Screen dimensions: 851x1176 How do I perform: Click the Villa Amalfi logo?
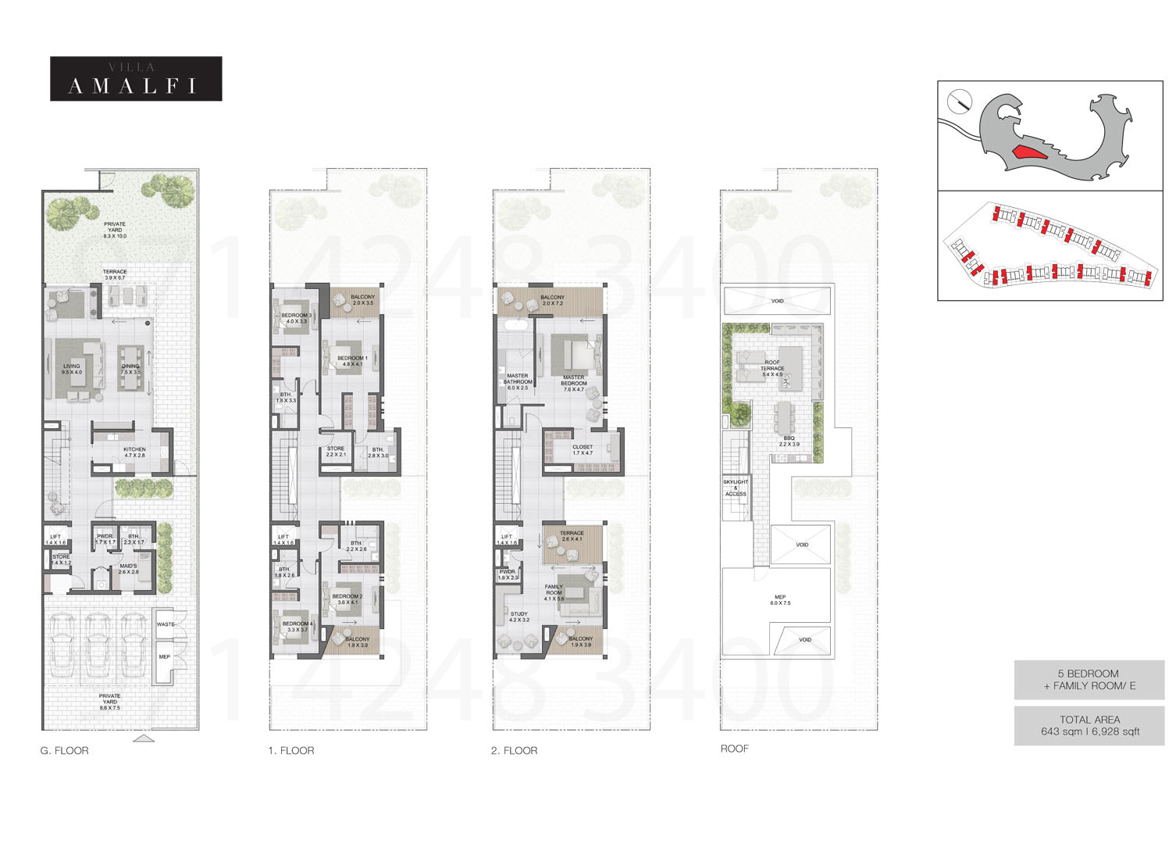(x=136, y=79)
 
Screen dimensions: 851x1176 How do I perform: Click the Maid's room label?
(x=128, y=568)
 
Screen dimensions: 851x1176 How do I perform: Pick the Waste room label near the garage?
(x=166, y=624)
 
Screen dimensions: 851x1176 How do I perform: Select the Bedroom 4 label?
(x=297, y=626)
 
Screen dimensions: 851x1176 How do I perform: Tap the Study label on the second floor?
(x=519, y=617)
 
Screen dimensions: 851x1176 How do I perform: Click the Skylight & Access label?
(x=736, y=488)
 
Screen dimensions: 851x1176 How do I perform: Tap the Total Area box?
(x=1089, y=725)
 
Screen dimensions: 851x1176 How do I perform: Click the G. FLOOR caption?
(x=65, y=750)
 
